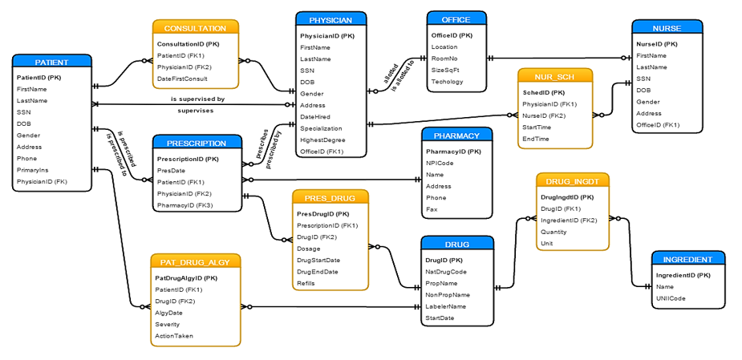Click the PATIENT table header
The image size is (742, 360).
pos(51,62)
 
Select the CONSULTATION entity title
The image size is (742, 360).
pos(195,28)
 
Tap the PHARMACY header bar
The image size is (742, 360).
pos(456,136)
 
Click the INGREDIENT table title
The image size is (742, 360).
pos(687,259)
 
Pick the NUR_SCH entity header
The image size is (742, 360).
pos(554,77)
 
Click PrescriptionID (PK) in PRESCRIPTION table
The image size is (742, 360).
pos(188,159)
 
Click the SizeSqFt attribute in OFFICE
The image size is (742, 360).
pos(446,70)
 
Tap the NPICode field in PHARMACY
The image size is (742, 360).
pos(440,163)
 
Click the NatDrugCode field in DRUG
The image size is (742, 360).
pos(446,272)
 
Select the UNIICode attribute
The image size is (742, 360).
pos(671,298)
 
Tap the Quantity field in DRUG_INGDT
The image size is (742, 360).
pos(554,231)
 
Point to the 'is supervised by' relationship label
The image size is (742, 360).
pos(197,99)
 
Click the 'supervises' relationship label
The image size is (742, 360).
pos(195,111)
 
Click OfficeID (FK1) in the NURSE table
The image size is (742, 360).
pos(658,124)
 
